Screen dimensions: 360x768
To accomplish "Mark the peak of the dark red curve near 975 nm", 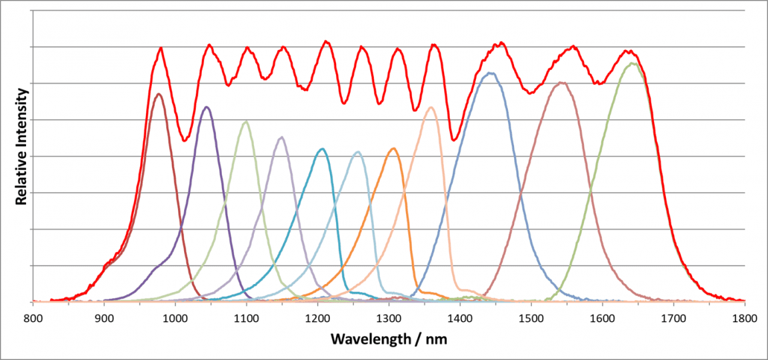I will pos(158,94).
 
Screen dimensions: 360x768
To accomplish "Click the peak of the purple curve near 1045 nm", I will pos(207,107).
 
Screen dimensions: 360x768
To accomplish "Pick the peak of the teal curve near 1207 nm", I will pos(323,149).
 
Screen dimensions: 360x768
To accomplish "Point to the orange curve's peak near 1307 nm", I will pos(393,148).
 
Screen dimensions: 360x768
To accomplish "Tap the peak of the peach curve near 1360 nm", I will pos(431,107).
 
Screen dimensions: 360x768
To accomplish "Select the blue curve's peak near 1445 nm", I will pos(491,73).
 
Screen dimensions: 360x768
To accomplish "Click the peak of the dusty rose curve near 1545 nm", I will pos(561,83).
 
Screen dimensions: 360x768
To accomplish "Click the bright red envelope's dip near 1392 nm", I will pos(454,141).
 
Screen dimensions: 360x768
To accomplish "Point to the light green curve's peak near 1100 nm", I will pos(247,121).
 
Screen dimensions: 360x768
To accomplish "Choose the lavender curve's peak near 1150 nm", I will pos(282,137).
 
